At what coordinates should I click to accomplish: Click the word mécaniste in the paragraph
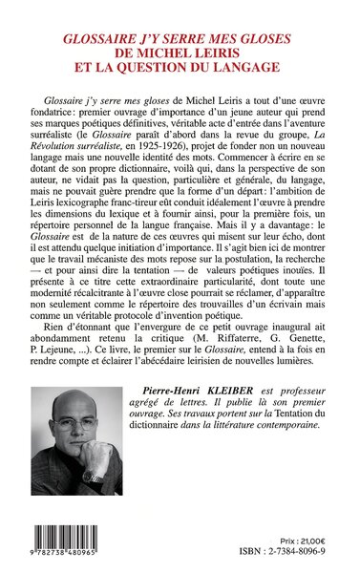pos(148,299)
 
